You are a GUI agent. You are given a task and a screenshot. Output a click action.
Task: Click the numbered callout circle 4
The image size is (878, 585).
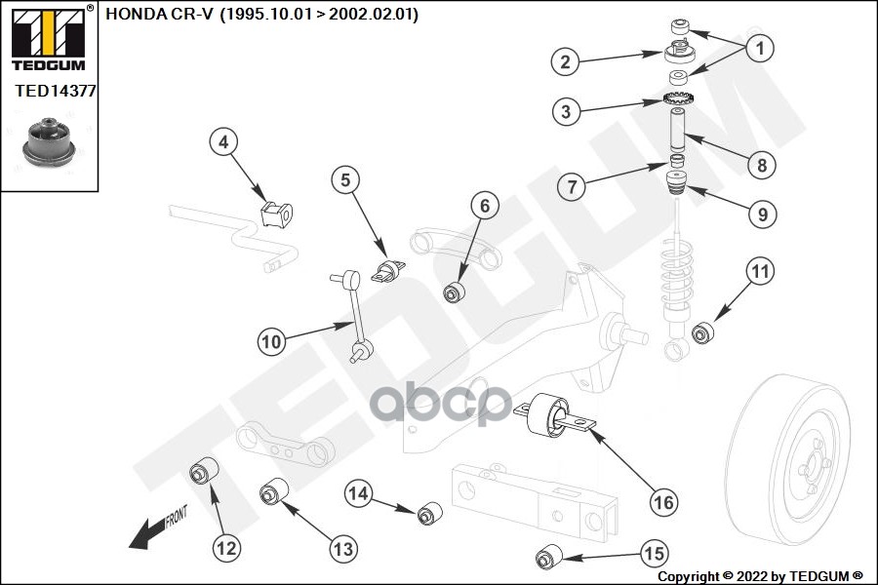223,143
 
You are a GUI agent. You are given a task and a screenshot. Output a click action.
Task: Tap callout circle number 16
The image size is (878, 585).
662,502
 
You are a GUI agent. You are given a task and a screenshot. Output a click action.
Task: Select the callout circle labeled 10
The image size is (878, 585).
272,341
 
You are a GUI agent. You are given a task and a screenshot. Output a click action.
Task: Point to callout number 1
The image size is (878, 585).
761,46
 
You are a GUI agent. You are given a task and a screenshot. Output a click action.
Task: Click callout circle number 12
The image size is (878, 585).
226,548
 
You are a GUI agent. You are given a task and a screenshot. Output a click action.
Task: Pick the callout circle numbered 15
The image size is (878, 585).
654,554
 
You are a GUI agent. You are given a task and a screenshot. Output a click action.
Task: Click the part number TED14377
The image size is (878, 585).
55,92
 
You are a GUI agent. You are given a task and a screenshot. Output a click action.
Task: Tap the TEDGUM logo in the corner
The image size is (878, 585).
48,39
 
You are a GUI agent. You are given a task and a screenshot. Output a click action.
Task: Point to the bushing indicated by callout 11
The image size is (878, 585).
702,333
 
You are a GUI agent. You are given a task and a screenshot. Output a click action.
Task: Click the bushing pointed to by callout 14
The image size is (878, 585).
429,513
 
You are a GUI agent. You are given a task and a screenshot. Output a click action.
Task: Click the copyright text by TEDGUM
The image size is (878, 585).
760,576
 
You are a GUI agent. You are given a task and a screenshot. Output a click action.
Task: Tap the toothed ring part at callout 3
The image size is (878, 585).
677,100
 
